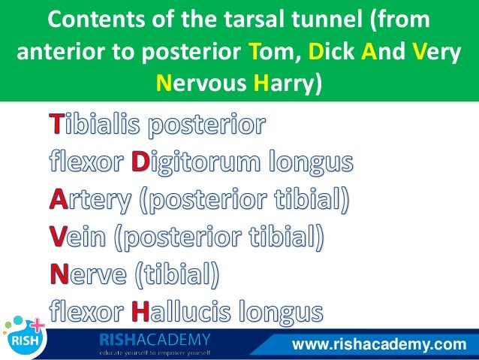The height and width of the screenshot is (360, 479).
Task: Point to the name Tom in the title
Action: coord(268,50)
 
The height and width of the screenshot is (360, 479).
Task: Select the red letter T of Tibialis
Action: coord(58,125)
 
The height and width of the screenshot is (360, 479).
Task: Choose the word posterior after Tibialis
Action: coord(206,125)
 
